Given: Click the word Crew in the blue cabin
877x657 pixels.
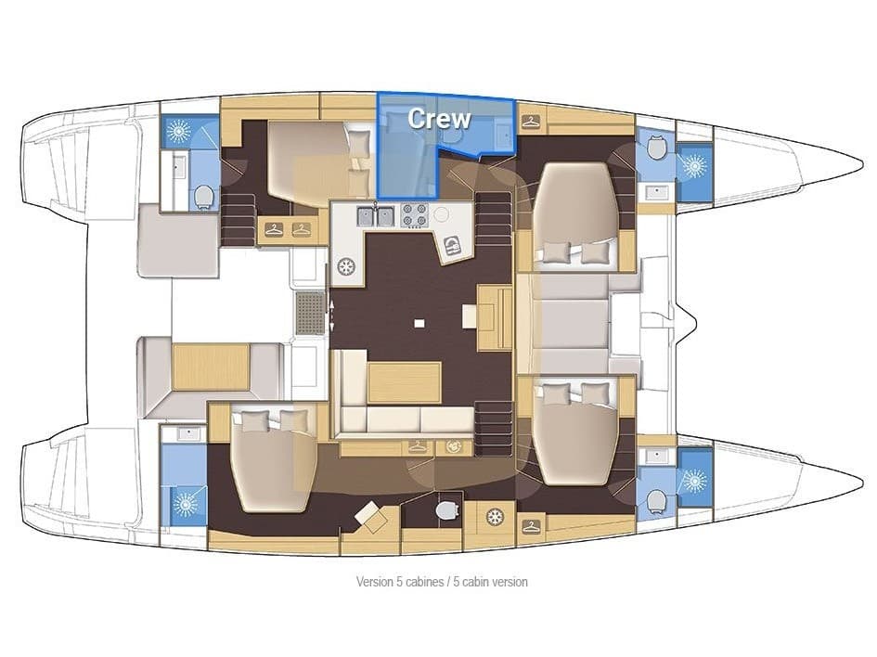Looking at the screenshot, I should tap(439, 119).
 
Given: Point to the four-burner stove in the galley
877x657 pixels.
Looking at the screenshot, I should tap(413, 216).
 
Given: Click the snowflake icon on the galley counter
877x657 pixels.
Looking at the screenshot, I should tap(347, 266).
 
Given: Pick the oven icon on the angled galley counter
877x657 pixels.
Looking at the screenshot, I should tap(453, 244).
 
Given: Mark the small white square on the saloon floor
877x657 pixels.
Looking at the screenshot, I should tap(419, 323).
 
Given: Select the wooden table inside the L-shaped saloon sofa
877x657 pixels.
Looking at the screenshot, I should tap(405, 382).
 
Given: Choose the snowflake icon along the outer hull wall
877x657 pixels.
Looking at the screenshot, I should tap(494, 516).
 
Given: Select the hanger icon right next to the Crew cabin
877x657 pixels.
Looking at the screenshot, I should tap(531, 120).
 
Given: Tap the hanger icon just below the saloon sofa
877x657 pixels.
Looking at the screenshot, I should tap(417, 447).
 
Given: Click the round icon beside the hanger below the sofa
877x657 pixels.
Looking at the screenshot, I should tap(453, 447).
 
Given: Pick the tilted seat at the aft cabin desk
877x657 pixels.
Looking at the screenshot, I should tap(371, 516).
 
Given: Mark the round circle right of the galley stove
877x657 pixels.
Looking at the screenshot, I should tap(441, 213).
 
